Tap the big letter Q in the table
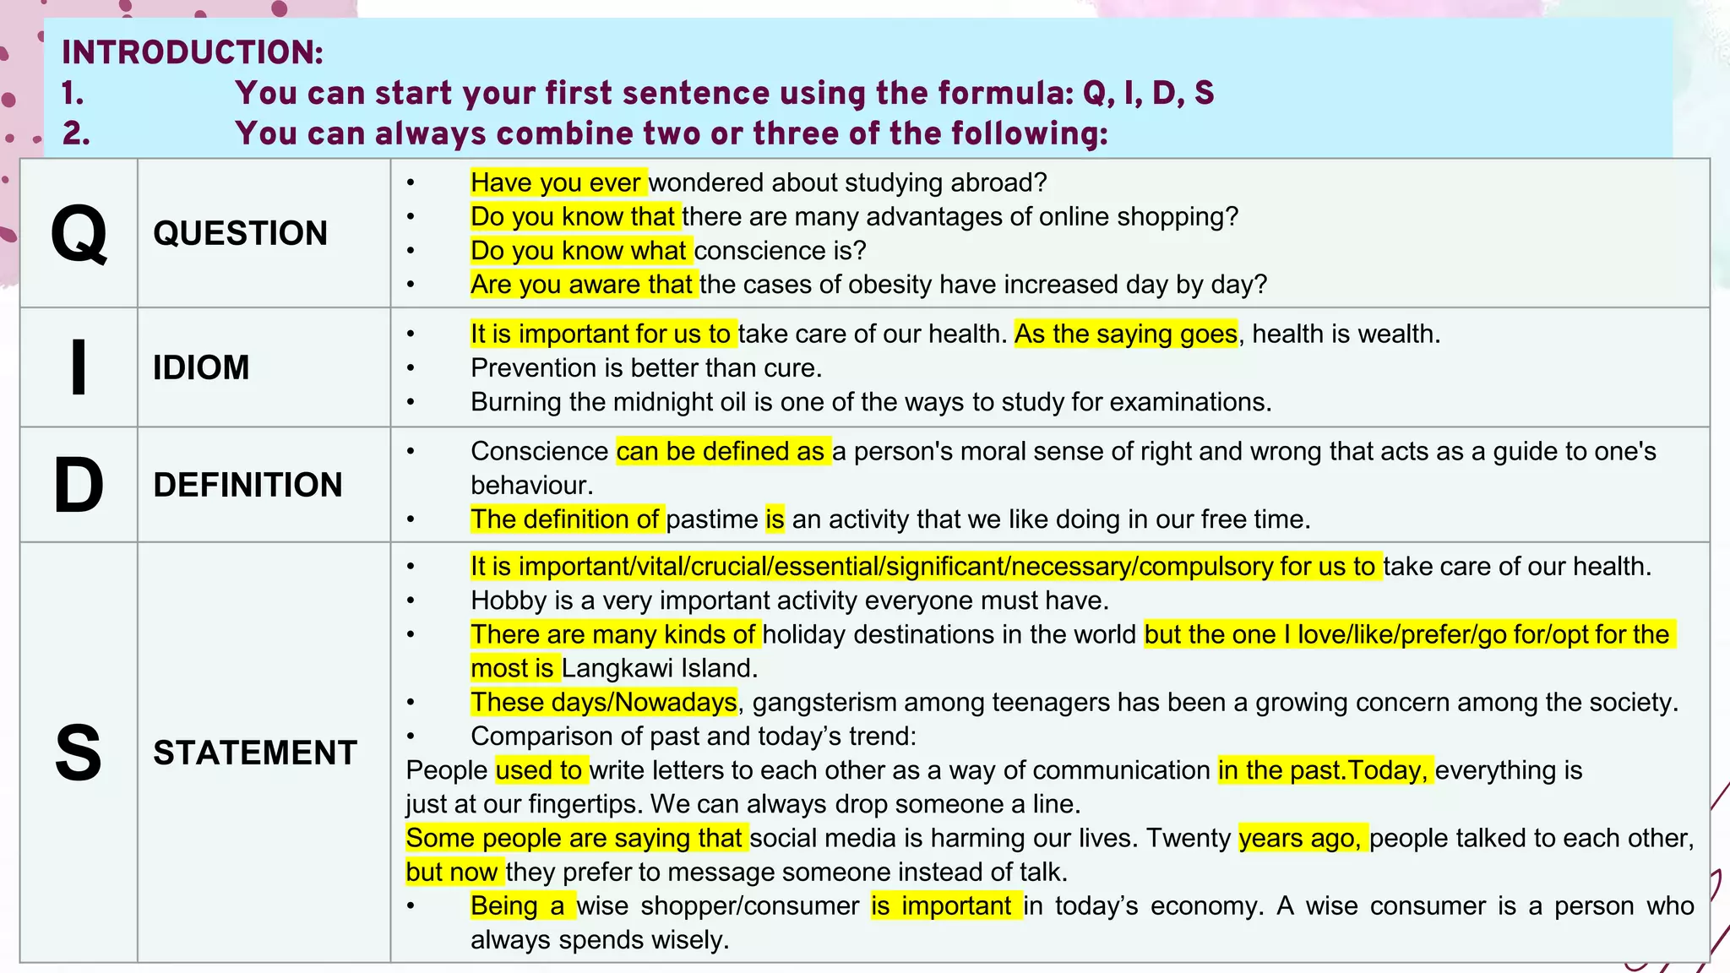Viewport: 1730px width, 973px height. pyautogui.click(x=79, y=234)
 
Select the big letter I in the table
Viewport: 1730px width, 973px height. pyautogui.click(x=79, y=367)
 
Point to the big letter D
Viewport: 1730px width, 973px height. pyautogui.click(x=79, y=485)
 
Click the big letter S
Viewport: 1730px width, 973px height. pyautogui.click(x=79, y=753)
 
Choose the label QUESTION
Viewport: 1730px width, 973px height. pyautogui.click(x=240, y=233)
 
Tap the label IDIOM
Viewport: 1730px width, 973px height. pyautogui.click(x=201, y=367)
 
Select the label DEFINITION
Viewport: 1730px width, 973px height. pyautogui.click(x=248, y=485)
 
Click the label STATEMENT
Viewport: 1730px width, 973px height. pyautogui.click(x=255, y=753)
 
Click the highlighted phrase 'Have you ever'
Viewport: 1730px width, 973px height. pyautogui.click(x=557, y=182)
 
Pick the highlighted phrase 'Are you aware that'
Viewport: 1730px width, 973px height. pyautogui.click(x=582, y=284)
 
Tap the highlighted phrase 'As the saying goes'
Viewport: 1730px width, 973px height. pyautogui.click(x=1126, y=334)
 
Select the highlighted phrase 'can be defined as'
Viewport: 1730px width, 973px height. pyautogui.click(x=721, y=451)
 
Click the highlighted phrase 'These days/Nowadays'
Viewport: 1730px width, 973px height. pyautogui.click(x=604, y=702)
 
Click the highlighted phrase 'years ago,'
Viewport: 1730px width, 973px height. pyautogui.click(x=1301, y=838)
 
